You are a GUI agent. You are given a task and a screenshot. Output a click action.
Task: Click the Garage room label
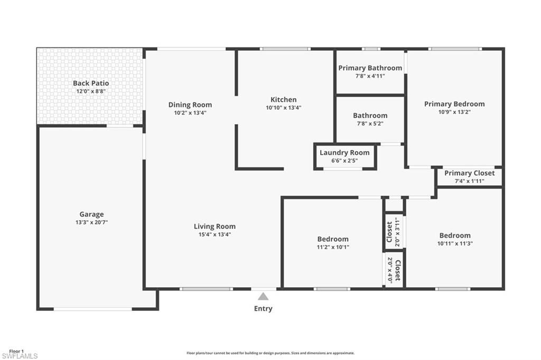point(91,214)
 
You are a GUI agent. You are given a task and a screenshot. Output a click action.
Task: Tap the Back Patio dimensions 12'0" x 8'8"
point(91,91)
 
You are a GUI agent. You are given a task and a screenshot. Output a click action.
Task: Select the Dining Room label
point(190,105)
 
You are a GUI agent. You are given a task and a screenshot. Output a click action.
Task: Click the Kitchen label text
point(283,99)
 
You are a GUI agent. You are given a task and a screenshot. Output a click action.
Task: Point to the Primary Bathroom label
point(370,68)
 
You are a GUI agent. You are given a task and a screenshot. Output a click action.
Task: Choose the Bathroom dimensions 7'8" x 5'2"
point(370,124)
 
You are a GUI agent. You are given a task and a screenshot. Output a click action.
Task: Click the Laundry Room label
point(344,153)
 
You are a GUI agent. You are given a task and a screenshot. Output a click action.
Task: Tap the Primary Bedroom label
point(454,104)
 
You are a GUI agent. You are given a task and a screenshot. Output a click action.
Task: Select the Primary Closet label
point(469,173)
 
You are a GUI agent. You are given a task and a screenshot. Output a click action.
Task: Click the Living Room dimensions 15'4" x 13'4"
point(214,234)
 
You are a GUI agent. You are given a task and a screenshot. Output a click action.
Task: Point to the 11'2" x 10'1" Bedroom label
point(333,239)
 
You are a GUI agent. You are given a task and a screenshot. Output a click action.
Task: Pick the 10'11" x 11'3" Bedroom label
point(454,235)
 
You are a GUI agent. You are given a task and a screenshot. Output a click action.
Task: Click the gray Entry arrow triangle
point(263,297)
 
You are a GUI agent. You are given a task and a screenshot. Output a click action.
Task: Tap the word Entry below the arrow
point(263,309)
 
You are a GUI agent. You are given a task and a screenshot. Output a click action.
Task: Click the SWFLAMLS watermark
point(19,356)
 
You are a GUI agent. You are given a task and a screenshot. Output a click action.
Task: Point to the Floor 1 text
point(16,351)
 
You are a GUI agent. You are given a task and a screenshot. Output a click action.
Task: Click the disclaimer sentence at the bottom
point(270,353)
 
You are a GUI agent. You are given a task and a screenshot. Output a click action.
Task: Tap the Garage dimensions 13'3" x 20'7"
point(91,222)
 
